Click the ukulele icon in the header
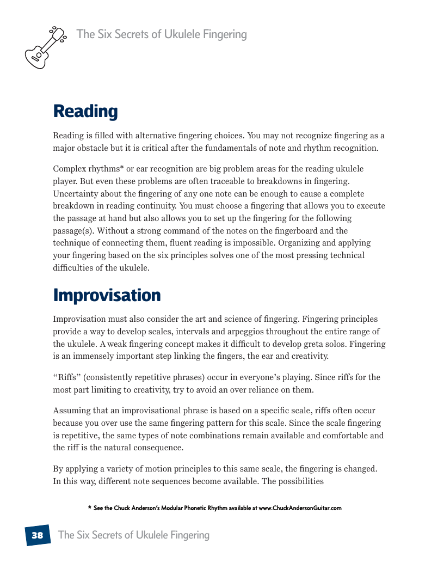coord(45,47)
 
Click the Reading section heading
coord(85,111)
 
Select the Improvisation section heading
coord(107,295)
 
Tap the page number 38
coord(37,535)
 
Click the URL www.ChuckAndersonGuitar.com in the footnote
coord(300,509)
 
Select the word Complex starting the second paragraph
coord(69,169)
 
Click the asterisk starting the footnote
coord(89,509)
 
